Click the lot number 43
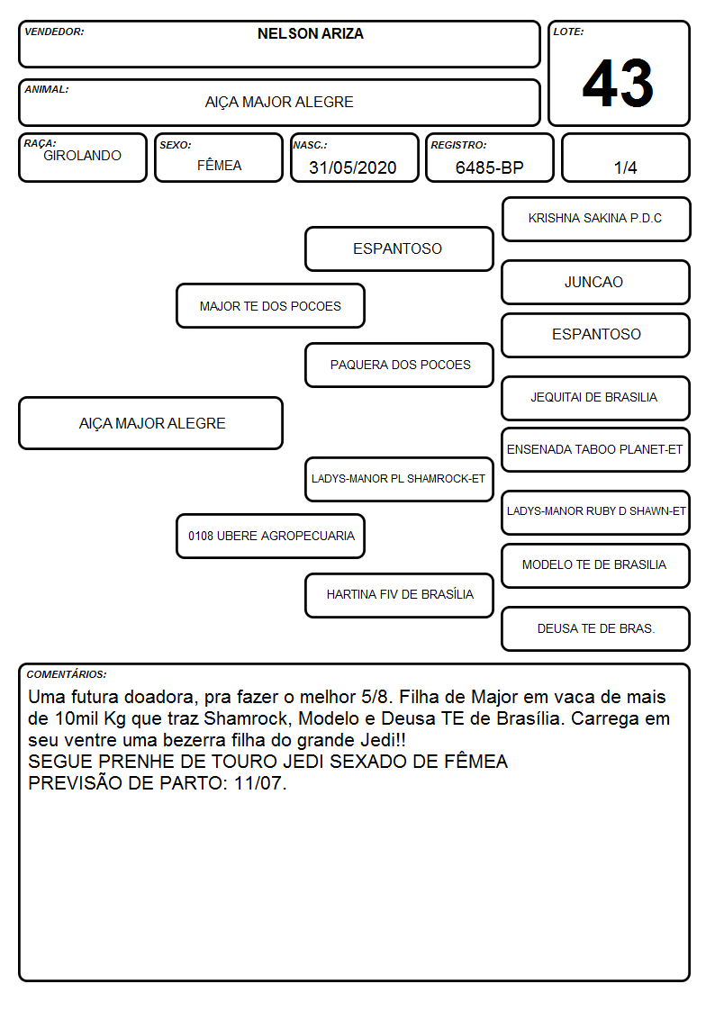618,83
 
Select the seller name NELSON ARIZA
310,33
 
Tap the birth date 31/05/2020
353,167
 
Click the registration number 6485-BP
489,167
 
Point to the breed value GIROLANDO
82,156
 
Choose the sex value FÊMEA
219,165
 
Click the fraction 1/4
625,167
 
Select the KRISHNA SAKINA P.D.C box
596,220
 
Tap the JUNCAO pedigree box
596,282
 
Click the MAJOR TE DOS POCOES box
271,305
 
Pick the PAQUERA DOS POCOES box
400,365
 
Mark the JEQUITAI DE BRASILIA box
596,398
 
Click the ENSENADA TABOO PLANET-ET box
596,449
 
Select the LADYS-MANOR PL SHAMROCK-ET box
400,478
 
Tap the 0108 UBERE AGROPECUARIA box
271,536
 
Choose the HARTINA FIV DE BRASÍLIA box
400,595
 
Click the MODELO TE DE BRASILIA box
596,565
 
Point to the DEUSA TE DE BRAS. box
596,628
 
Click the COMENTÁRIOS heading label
67,674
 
